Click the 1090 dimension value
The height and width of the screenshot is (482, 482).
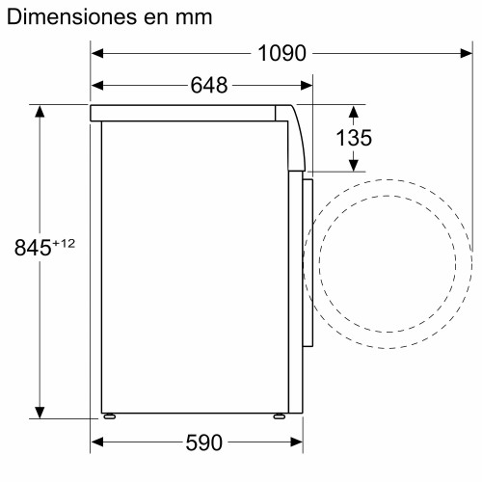(281, 53)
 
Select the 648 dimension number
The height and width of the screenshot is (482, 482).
(209, 86)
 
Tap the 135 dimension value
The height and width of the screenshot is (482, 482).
(354, 138)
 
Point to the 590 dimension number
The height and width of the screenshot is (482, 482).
(204, 442)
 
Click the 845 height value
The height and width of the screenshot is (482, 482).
(33, 248)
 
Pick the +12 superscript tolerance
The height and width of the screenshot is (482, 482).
(64, 244)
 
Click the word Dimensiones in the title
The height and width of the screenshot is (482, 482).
(71, 16)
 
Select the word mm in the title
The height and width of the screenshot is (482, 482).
(194, 18)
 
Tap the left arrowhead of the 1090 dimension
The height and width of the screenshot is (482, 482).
(97, 53)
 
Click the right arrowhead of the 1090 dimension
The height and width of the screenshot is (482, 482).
(467, 53)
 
